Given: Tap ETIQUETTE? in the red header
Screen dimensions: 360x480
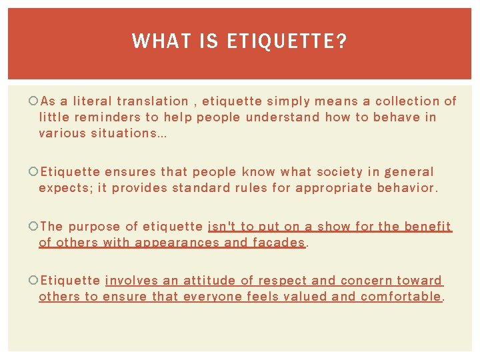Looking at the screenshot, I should (287, 41).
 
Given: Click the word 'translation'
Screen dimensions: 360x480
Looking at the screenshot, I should (153, 101).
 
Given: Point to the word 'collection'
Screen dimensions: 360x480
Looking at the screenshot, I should (407, 101).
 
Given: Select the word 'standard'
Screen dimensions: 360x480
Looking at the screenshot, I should (200, 188).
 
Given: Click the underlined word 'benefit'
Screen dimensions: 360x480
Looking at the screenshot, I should (431, 227).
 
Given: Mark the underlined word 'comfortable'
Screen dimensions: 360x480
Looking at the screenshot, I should (401, 297).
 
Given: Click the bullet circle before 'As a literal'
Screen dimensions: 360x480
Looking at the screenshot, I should (34, 101).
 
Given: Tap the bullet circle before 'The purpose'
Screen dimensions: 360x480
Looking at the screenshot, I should (34, 227).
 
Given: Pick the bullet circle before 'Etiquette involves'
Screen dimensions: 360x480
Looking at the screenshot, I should (34, 281).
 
